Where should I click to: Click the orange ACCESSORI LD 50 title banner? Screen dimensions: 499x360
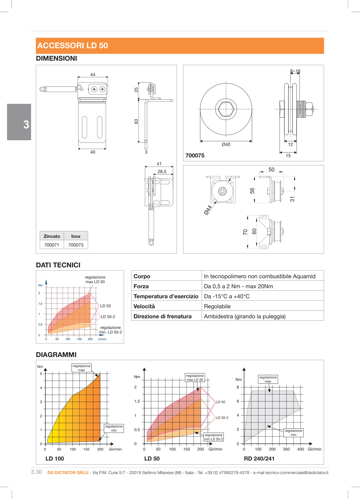coord(180,46)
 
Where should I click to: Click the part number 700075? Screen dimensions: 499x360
coord(195,155)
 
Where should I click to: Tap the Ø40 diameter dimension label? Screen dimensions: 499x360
coord(226,144)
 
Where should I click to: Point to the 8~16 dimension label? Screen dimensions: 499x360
coord(295,71)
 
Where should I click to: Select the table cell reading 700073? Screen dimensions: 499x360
coord(76,245)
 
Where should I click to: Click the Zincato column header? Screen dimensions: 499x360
coord(52,236)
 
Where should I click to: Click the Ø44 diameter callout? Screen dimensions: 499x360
coord(208,210)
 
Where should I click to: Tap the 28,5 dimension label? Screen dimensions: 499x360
coord(162,171)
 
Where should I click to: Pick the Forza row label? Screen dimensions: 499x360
coord(141,286)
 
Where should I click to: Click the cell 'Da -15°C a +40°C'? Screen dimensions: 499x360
coord(227,296)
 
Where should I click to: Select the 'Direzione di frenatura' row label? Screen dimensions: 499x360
coord(162,316)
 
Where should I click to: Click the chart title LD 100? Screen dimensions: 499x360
coord(55,459)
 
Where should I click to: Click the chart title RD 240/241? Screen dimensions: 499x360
coord(259,459)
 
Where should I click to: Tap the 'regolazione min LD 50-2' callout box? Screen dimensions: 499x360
coord(214,437)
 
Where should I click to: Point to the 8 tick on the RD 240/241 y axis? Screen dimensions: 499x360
coord(238,387)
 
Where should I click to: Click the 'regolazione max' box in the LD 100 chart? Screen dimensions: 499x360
coord(81,368)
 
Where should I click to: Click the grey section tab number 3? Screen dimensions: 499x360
coord(26,124)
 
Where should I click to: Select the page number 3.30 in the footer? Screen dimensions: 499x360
coord(36,472)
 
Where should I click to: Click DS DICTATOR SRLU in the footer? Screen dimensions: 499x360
coord(68,473)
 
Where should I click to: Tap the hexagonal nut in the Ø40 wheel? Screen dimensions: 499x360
coord(226,109)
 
